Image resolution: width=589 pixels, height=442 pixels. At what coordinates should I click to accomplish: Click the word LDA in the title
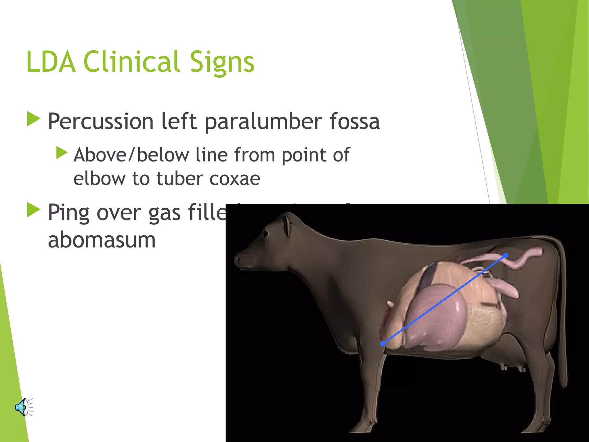51,62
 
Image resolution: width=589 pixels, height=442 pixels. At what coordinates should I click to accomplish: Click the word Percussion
101,121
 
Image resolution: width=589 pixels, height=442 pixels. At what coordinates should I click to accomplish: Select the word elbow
100,178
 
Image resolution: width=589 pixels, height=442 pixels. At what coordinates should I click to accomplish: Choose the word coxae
235,179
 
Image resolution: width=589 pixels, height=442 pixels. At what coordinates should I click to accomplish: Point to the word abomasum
102,240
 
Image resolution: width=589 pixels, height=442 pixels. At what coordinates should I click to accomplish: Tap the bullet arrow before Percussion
33,119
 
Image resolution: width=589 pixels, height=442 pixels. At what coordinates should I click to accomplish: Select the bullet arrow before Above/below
62,153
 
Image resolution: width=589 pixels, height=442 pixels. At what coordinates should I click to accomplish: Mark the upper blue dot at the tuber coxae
506,255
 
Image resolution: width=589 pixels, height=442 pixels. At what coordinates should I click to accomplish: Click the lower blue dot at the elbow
383,344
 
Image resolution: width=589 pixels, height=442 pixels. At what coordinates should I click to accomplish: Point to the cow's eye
265,234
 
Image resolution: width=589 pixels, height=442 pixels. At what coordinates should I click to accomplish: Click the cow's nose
238,259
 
